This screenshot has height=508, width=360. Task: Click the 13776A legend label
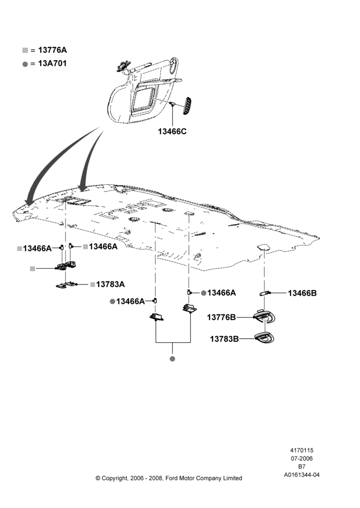(x=52, y=50)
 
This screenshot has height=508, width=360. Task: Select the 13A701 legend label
(x=52, y=63)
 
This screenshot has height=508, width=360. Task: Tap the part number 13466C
(x=172, y=132)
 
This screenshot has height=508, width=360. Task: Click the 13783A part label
(x=110, y=284)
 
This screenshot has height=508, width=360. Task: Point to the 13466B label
(x=302, y=293)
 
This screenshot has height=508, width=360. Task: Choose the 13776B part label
(x=222, y=317)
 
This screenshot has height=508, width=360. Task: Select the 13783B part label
(x=224, y=339)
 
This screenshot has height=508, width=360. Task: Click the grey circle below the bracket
(x=172, y=359)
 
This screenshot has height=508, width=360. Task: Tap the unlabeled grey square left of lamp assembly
(x=33, y=269)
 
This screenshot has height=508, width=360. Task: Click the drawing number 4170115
(x=302, y=450)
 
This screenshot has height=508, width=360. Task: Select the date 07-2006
(x=302, y=458)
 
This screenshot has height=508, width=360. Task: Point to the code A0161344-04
(x=302, y=475)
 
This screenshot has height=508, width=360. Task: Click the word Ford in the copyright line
(x=172, y=478)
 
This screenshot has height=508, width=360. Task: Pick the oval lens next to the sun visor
(x=187, y=105)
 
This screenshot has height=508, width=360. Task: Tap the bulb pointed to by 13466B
(x=264, y=293)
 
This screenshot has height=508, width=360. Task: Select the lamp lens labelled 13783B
(x=264, y=338)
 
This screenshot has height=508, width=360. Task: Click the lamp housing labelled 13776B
(x=264, y=316)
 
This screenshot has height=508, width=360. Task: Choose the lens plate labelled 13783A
(x=66, y=285)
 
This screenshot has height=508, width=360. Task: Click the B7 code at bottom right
(x=302, y=467)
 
